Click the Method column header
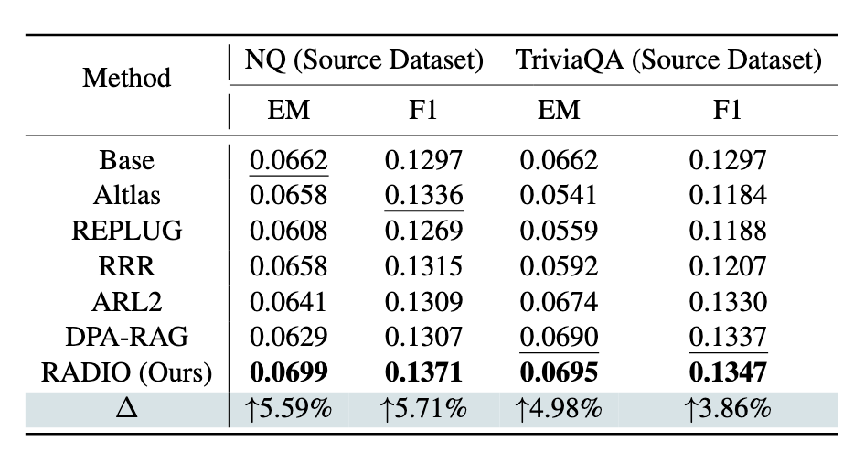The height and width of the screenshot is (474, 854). pyautogui.click(x=126, y=78)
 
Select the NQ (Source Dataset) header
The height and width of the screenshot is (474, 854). pyautogui.click(x=364, y=59)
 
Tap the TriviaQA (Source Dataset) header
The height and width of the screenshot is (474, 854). pyautogui.click(x=668, y=59)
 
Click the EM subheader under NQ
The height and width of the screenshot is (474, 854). pyautogui.click(x=288, y=110)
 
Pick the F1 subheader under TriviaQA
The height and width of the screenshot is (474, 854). pyautogui.click(x=727, y=110)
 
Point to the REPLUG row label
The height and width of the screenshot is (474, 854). pyautogui.click(x=126, y=231)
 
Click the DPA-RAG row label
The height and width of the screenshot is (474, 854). pyautogui.click(x=126, y=337)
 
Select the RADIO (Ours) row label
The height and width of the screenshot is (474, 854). pyautogui.click(x=126, y=372)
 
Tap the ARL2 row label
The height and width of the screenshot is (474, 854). pyautogui.click(x=126, y=301)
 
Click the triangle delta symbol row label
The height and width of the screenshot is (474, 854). pyautogui.click(x=126, y=407)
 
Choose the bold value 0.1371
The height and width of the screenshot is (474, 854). pyautogui.click(x=423, y=372)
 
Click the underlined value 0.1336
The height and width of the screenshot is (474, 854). pyautogui.click(x=423, y=195)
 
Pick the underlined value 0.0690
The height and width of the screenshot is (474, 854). pyautogui.click(x=559, y=337)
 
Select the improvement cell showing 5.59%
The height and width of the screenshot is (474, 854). pyautogui.click(x=288, y=408)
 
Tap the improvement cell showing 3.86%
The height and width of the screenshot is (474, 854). pyautogui.click(x=727, y=408)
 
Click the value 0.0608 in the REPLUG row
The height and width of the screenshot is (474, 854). pyautogui.click(x=288, y=231)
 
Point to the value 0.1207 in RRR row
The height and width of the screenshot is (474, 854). pyautogui.click(x=727, y=266)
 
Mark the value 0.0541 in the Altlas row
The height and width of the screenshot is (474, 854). pyautogui.click(x=559, y=195)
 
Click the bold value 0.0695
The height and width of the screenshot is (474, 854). pyautogui.click(x=559, y=372)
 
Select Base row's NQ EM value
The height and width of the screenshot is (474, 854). pyautogui.click(x=288, y=159)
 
